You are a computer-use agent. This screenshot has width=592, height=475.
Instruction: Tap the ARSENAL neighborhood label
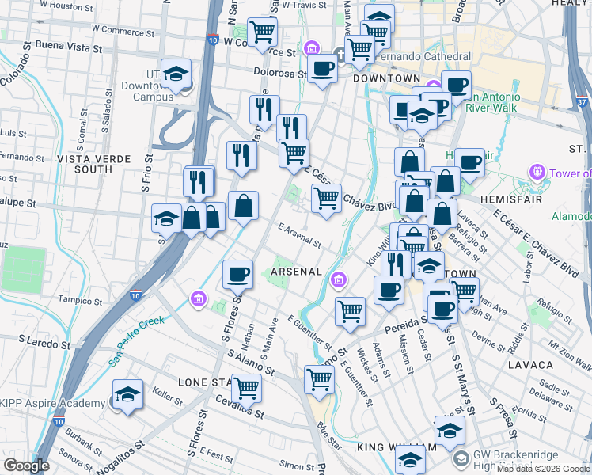click(x=296, y=272)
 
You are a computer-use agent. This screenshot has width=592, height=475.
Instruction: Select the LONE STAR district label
click(x=205, y=382)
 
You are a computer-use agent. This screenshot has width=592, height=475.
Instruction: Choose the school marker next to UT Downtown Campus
click(x=176, y=74)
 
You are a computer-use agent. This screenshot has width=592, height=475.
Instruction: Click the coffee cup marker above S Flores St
click(x=237, y=274)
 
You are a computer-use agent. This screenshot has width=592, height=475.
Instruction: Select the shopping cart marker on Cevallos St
click(x=246, y=387)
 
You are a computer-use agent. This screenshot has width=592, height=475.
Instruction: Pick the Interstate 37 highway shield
click(x=582, y=102)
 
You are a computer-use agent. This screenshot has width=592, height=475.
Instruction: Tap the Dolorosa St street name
click(x=280, y=72)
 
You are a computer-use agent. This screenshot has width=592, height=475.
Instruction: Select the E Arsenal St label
click(x=299, y=237)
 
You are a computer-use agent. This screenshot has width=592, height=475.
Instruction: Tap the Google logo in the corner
click(x=26, y=465)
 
